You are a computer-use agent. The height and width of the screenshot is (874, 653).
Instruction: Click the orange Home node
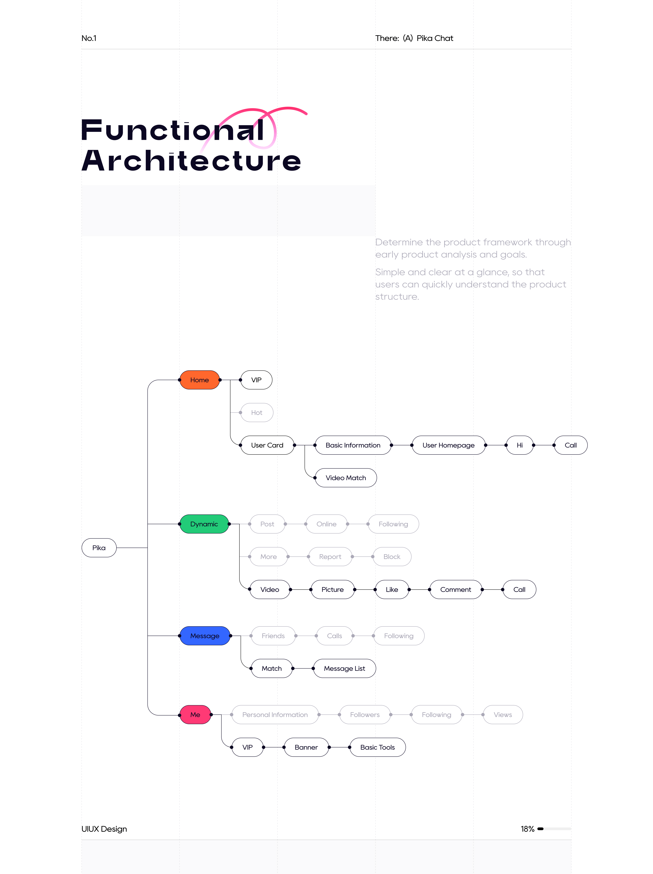pyautogui.click(x=200, y=380)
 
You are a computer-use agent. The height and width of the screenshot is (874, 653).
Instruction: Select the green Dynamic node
pyautogui.click(x=204, y=524)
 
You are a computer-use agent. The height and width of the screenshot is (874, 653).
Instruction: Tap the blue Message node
pyautogui.click(x=205, y=636)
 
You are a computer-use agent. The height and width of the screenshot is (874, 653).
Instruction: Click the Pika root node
pyautogui.click(x=99, y=548)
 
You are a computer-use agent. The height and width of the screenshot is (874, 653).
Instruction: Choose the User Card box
pyautogui.click(x=267, y=445)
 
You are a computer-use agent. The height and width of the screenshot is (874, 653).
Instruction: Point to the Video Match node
pyautogui.click(x=346, y=478)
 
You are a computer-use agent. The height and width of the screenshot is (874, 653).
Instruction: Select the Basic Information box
pyautogui.click(x=353, y=445)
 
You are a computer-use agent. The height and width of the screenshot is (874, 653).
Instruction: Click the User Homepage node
pyautogui.click(x=449, y=445)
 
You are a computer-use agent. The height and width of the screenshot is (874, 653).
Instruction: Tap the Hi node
pyautogui.click(x=520, y=445)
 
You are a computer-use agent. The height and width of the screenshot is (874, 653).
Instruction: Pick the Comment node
pyautogui.click(x=456, y=590)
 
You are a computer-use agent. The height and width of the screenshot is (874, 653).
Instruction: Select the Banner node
pyautogui.click(x=306, y=747)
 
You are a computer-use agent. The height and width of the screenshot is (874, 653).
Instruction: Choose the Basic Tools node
pyautogui.click(x=378, y=747)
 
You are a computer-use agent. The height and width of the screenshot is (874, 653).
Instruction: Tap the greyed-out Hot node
pyautogui.click(x=257, y=413)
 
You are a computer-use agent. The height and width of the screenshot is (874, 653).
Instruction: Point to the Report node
pyautogui.click(x=330, y=557)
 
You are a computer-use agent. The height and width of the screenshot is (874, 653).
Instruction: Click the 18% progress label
pyautogui.click(x=527, y=829)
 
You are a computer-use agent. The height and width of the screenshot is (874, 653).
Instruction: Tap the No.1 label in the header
pyautogui.click(x=89, y=38)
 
